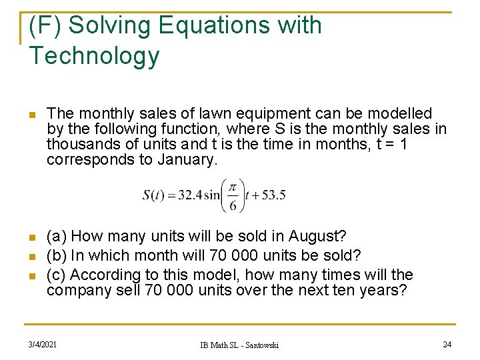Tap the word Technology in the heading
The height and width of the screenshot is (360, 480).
coord(94,56)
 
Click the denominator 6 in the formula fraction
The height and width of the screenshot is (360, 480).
coord(233,205)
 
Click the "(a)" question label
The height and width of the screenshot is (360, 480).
coord(57,237)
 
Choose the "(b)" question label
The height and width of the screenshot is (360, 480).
coord(57,255)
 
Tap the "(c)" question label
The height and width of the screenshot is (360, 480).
coord(57,275)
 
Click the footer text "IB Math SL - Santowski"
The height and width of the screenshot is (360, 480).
coord(240,345)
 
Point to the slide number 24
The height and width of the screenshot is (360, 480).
coord(447,344)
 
